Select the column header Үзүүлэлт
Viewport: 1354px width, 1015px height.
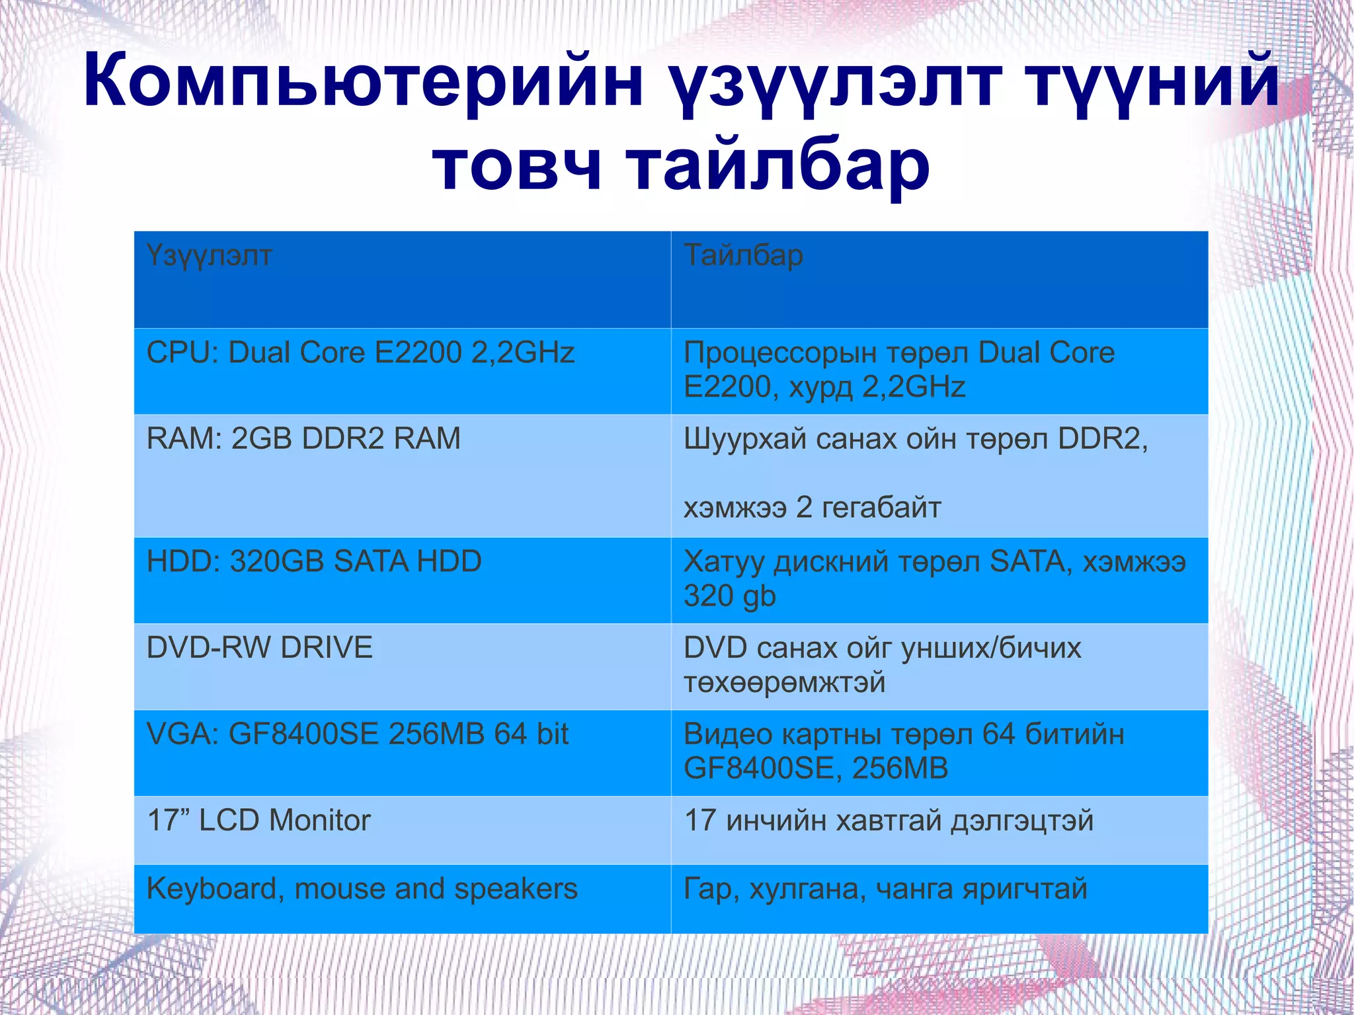point(209,255)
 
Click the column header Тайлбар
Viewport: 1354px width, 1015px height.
point(743,255)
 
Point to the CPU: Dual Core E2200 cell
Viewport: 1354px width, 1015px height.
point(360,352)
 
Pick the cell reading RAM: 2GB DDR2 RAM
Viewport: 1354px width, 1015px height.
point(303,438)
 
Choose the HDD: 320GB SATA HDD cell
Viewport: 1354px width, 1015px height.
point(314,561)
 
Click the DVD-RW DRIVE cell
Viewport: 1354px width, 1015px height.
point(260,647)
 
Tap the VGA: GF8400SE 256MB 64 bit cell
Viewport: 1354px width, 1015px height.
point(358,734)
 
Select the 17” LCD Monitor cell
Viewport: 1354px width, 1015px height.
point(259,821)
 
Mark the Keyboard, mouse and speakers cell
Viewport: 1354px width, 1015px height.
point(362,889)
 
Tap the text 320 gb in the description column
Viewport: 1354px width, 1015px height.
point(729,596)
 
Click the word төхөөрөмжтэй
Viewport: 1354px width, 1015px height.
point(784,682)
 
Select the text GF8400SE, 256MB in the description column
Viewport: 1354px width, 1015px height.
point(816,768)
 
